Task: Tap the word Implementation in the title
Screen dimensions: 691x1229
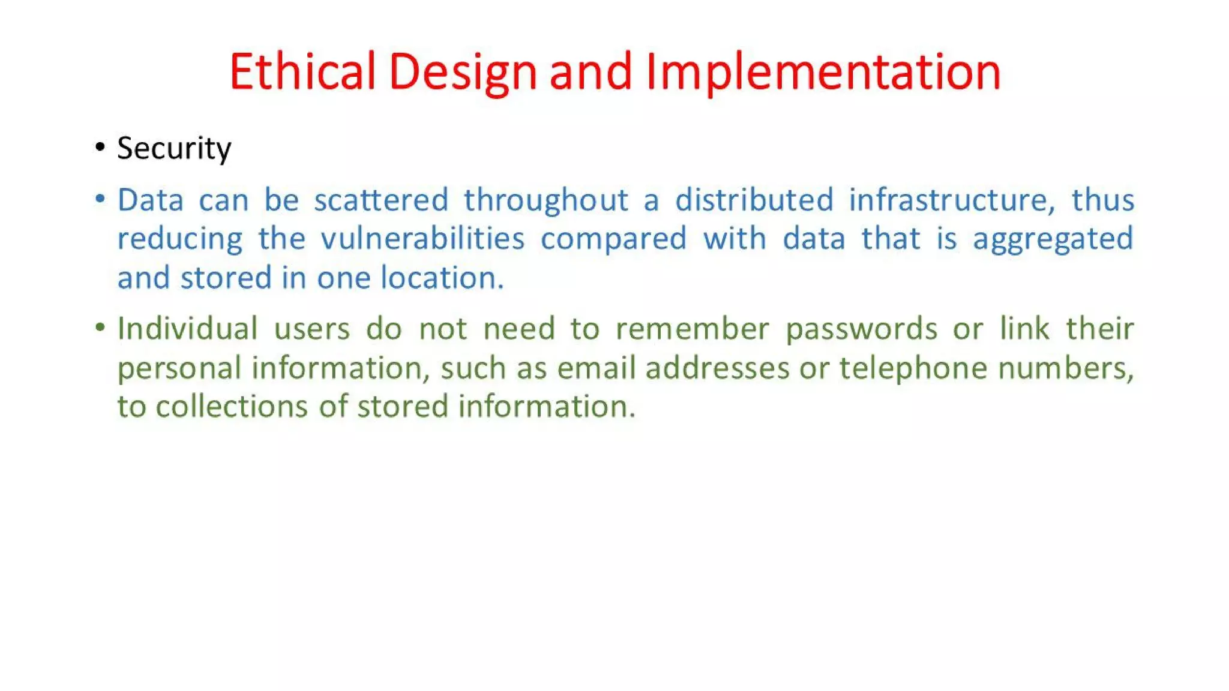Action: (x=823, y=71)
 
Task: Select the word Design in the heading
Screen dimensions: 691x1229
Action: (x=462, y=71)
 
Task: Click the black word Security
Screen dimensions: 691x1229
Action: (x=174, y=148)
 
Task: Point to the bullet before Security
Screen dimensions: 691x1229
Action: (x=100, y=147)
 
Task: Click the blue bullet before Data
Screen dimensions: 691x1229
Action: (x=100, y=198)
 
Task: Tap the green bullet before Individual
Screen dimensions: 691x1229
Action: (x=100, y=328)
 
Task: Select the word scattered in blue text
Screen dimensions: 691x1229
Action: (x=381, y=200)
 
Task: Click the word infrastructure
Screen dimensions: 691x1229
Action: (x=952, y=200)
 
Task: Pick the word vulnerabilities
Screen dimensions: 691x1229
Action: (x=422, y=239)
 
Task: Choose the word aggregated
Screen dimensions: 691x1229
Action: (x=1053, y=239)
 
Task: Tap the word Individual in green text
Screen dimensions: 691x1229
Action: (x=187, y=329)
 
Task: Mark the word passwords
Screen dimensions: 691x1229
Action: (x=861, y=329)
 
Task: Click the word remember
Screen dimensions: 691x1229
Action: (x=692, y=329)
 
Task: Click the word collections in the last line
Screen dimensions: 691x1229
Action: (x=232, y=407)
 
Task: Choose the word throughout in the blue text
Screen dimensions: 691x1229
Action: (x=545, y=200)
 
